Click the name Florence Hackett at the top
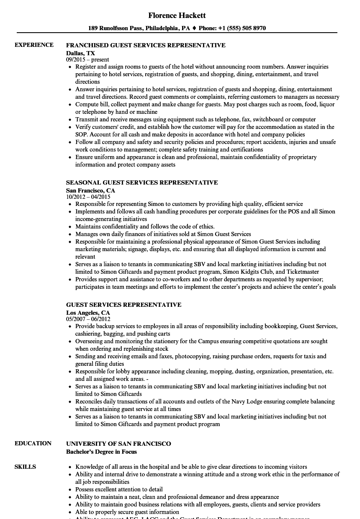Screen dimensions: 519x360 pos(177,15)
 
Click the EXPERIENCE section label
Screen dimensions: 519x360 pos(34,45)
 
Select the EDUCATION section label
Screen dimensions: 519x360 pos(33,444)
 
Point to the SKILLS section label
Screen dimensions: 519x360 pos(25,467)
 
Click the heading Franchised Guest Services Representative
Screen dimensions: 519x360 pos(146,45)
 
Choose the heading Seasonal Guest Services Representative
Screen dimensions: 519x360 pos(142,182)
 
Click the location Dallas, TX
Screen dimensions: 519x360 pos(80,53)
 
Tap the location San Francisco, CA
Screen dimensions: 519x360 pos(90,190)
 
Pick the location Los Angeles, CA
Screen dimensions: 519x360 pos(88,313)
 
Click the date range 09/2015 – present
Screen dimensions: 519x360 pos(87,60)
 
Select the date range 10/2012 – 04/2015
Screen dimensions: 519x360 pos(88,197)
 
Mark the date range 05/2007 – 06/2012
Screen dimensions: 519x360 pos(88,319)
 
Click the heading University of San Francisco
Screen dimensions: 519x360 pos(118,444)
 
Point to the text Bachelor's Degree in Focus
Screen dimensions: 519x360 pos(101,452)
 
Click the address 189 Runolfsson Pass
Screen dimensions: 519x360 pos(116,28)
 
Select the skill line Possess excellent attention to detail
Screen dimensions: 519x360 pos(119,490)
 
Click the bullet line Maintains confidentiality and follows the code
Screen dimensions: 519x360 pos(145,227)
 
